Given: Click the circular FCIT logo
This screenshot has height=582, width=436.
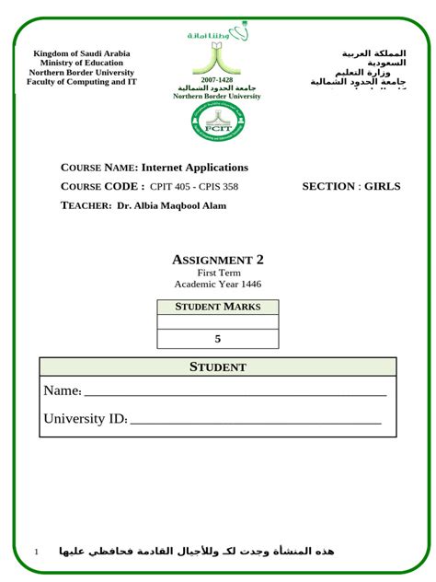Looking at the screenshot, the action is [218, 122].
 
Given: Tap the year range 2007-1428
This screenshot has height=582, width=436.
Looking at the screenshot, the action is [217, 80].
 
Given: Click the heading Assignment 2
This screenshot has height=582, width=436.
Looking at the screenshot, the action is [218, 260].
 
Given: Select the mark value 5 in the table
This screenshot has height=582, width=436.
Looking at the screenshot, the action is [218, 339].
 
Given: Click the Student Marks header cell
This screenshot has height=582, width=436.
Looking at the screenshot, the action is [218, 307].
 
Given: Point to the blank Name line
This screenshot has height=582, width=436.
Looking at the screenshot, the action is [235, 393].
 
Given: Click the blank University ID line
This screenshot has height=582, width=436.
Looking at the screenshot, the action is [256, 422].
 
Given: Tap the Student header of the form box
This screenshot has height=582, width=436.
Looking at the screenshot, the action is [218, 367].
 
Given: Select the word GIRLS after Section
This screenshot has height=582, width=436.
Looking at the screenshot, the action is [383, 187].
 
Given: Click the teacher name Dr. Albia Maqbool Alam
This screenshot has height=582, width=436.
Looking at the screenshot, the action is [172, 205].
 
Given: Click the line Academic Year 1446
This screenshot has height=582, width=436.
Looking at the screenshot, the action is [218, 284].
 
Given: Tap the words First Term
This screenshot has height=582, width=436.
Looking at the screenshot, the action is [218, 273].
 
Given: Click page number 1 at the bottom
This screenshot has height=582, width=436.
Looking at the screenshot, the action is [36, 551].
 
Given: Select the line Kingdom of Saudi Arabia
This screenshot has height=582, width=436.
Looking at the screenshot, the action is [82, 53].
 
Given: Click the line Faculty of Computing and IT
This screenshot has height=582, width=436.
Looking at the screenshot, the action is [82, 82].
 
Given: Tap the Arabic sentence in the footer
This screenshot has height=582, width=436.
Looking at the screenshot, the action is [197, 551].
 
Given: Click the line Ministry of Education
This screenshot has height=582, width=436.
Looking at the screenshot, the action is [82, 63].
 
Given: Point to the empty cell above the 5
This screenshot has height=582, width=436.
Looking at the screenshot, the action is [218, 322].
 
